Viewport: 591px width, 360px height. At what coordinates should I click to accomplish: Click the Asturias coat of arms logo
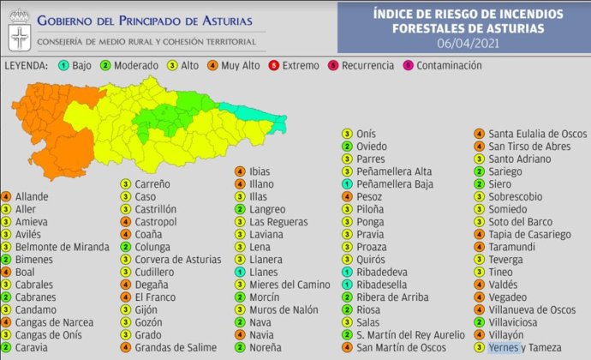(18, 34)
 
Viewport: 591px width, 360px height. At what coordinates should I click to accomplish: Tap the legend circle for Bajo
(63, 66)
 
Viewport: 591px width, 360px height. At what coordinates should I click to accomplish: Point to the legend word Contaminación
(449, 66)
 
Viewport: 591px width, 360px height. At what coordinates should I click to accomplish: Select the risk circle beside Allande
(7, 196)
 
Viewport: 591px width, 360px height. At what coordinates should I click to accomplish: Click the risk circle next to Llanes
(241, 272)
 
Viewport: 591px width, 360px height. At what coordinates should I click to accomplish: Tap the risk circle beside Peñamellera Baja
(347, 183)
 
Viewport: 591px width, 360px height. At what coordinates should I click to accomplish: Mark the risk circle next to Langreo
(241, 209)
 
